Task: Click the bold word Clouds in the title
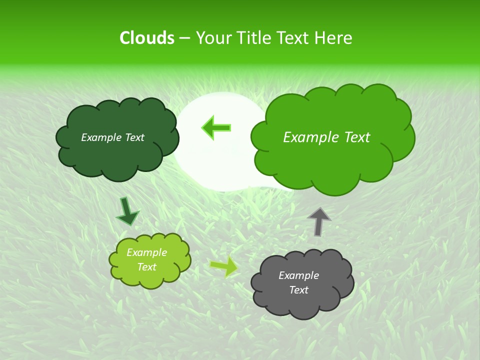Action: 146,38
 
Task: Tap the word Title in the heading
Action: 253,38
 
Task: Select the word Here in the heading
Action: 333,38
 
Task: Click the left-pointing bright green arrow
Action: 216,127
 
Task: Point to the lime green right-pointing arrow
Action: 224,266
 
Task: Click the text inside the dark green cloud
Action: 112,137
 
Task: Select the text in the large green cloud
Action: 326,137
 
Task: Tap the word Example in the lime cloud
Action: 146,252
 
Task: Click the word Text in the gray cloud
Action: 298,290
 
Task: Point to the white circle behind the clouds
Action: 220,165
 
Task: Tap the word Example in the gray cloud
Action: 298,275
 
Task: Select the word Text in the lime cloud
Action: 146,267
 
